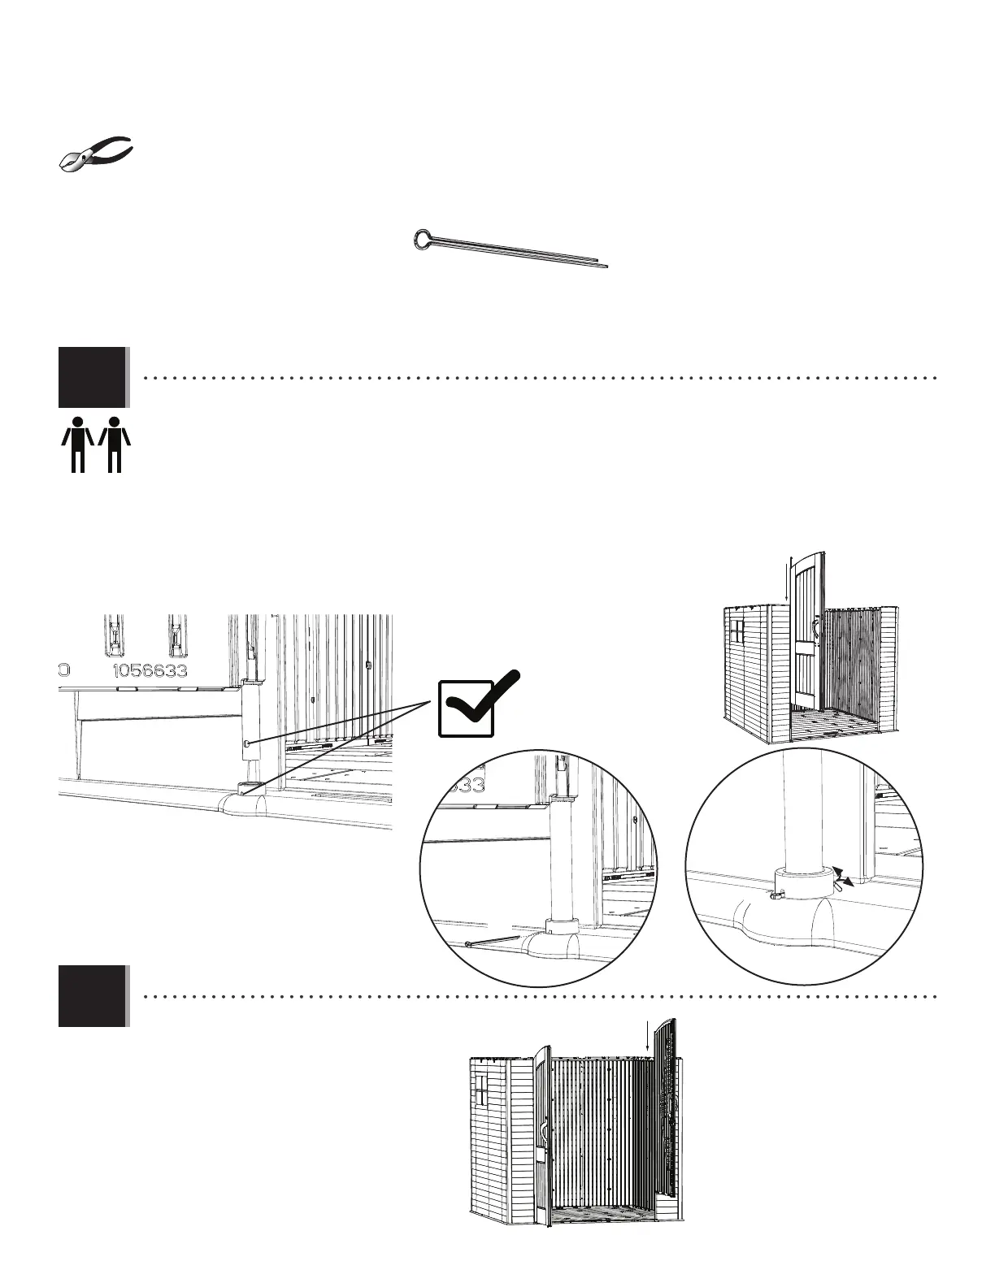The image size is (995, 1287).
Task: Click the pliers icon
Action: pyautogui.click(x=96, y=154)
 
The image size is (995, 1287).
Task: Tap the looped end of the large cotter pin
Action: pyautogui.click(x=424, y=238)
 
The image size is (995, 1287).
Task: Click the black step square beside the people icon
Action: pyautogui.click(x=92, y=377)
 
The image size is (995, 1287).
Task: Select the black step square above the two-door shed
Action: pyautogui.click(x=92, y=996)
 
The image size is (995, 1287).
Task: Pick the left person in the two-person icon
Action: pyautogui.click(x=78, y=444)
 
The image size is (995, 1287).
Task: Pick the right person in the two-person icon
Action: pyautogui.click(x=115, y=444)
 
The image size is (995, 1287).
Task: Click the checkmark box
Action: pyautogui.click(x=466, y=708)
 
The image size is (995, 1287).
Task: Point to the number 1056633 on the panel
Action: pyautogui.click(x=150, y=671)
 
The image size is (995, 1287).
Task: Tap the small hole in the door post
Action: pyautogui.click(x=247, y=744)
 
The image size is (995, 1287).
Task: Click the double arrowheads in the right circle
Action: pyautogui.click(x=846, y=877)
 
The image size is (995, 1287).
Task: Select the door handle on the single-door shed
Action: pyautogui.click(x=815, y=651)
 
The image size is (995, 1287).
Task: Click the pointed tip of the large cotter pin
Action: pyautogui.click(x=606, y=264)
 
